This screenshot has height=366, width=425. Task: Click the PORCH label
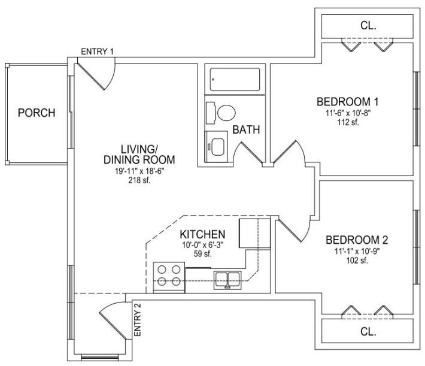[x=37, y=113]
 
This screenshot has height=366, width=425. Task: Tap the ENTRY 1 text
[x=98, y=52]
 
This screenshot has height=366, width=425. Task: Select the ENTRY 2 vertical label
[x=138, y=320]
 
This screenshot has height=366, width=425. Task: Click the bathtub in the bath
[x=235, y=80]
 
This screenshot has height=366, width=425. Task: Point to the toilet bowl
[x=226, y=113]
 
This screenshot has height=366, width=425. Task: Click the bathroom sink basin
[x=218, y=147]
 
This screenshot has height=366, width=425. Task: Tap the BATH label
[x=246, y=129]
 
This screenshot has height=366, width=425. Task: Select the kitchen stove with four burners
[x=169, y=277]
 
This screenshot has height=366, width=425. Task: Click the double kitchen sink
[x=227, y=280]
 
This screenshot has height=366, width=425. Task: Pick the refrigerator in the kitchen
[x=255, y=234]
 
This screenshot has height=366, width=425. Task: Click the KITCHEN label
[x=202, y=234]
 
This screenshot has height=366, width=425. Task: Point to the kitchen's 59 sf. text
[x=202, y=254]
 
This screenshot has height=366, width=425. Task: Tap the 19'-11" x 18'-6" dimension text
[x=139, y=171]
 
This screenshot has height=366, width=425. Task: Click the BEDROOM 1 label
[x=347, y=102]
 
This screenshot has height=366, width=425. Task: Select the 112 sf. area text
[x=348, y=122]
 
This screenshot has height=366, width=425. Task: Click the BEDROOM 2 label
[x=357, y=240]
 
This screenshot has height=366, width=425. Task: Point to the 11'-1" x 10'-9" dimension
[x=357, y=251]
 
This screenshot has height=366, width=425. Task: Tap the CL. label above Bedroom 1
[x=368, y=26]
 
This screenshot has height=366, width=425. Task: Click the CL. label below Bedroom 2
[x=368, y=331]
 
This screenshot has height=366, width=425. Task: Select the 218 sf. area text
[x=139, y=180]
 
